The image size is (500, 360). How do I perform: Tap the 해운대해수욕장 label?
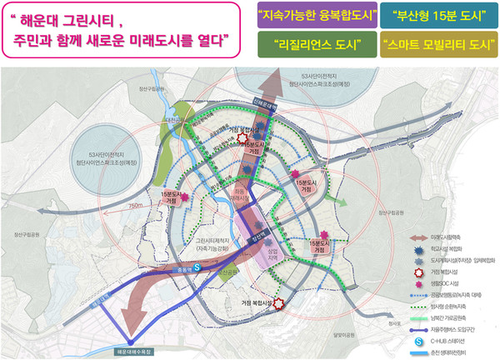click(x=127, y=351)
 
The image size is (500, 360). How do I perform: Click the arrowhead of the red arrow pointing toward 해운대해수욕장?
click(x=126, y=316)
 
